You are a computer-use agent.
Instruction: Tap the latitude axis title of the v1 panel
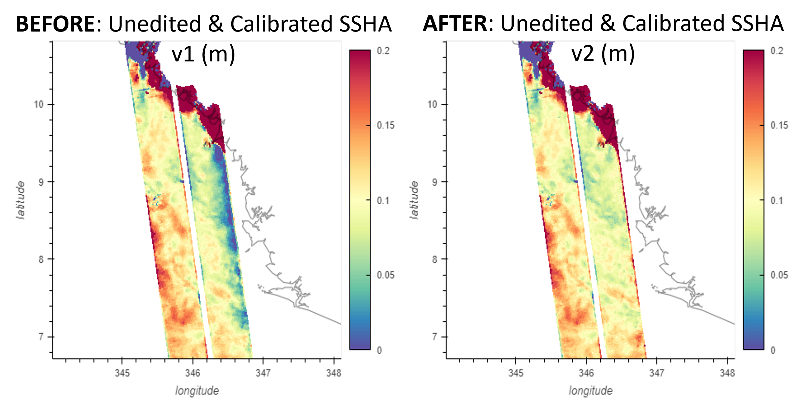(x=21, y=200)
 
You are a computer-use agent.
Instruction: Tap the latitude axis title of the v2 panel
(x=414, y=200)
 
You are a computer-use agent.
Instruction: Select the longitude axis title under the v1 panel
(x=197, y=390)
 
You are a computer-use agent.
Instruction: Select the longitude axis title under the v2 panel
(x=590, y=390)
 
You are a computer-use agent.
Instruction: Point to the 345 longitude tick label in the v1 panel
(x=122, y=373)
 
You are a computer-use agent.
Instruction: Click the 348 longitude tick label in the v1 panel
(x=333, y=373)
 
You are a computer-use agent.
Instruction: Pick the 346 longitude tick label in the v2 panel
(x=586, y=373)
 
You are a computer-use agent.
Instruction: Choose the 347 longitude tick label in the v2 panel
(x=657, y=373)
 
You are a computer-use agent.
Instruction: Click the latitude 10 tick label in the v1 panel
(x=39, y=104)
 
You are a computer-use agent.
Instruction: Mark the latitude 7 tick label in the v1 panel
(x=41, y=337)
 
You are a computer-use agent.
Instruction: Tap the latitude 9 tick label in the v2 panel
(x=434, y=182)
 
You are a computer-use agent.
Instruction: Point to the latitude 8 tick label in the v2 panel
(x=434, y=259)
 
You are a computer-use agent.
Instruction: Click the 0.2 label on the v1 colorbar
(x=383, y=51)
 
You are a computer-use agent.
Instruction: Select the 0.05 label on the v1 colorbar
(x=386, y=275)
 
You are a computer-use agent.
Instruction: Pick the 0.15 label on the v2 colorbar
(x=779, y=125)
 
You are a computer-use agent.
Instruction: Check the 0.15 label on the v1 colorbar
(x=386, y=125)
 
